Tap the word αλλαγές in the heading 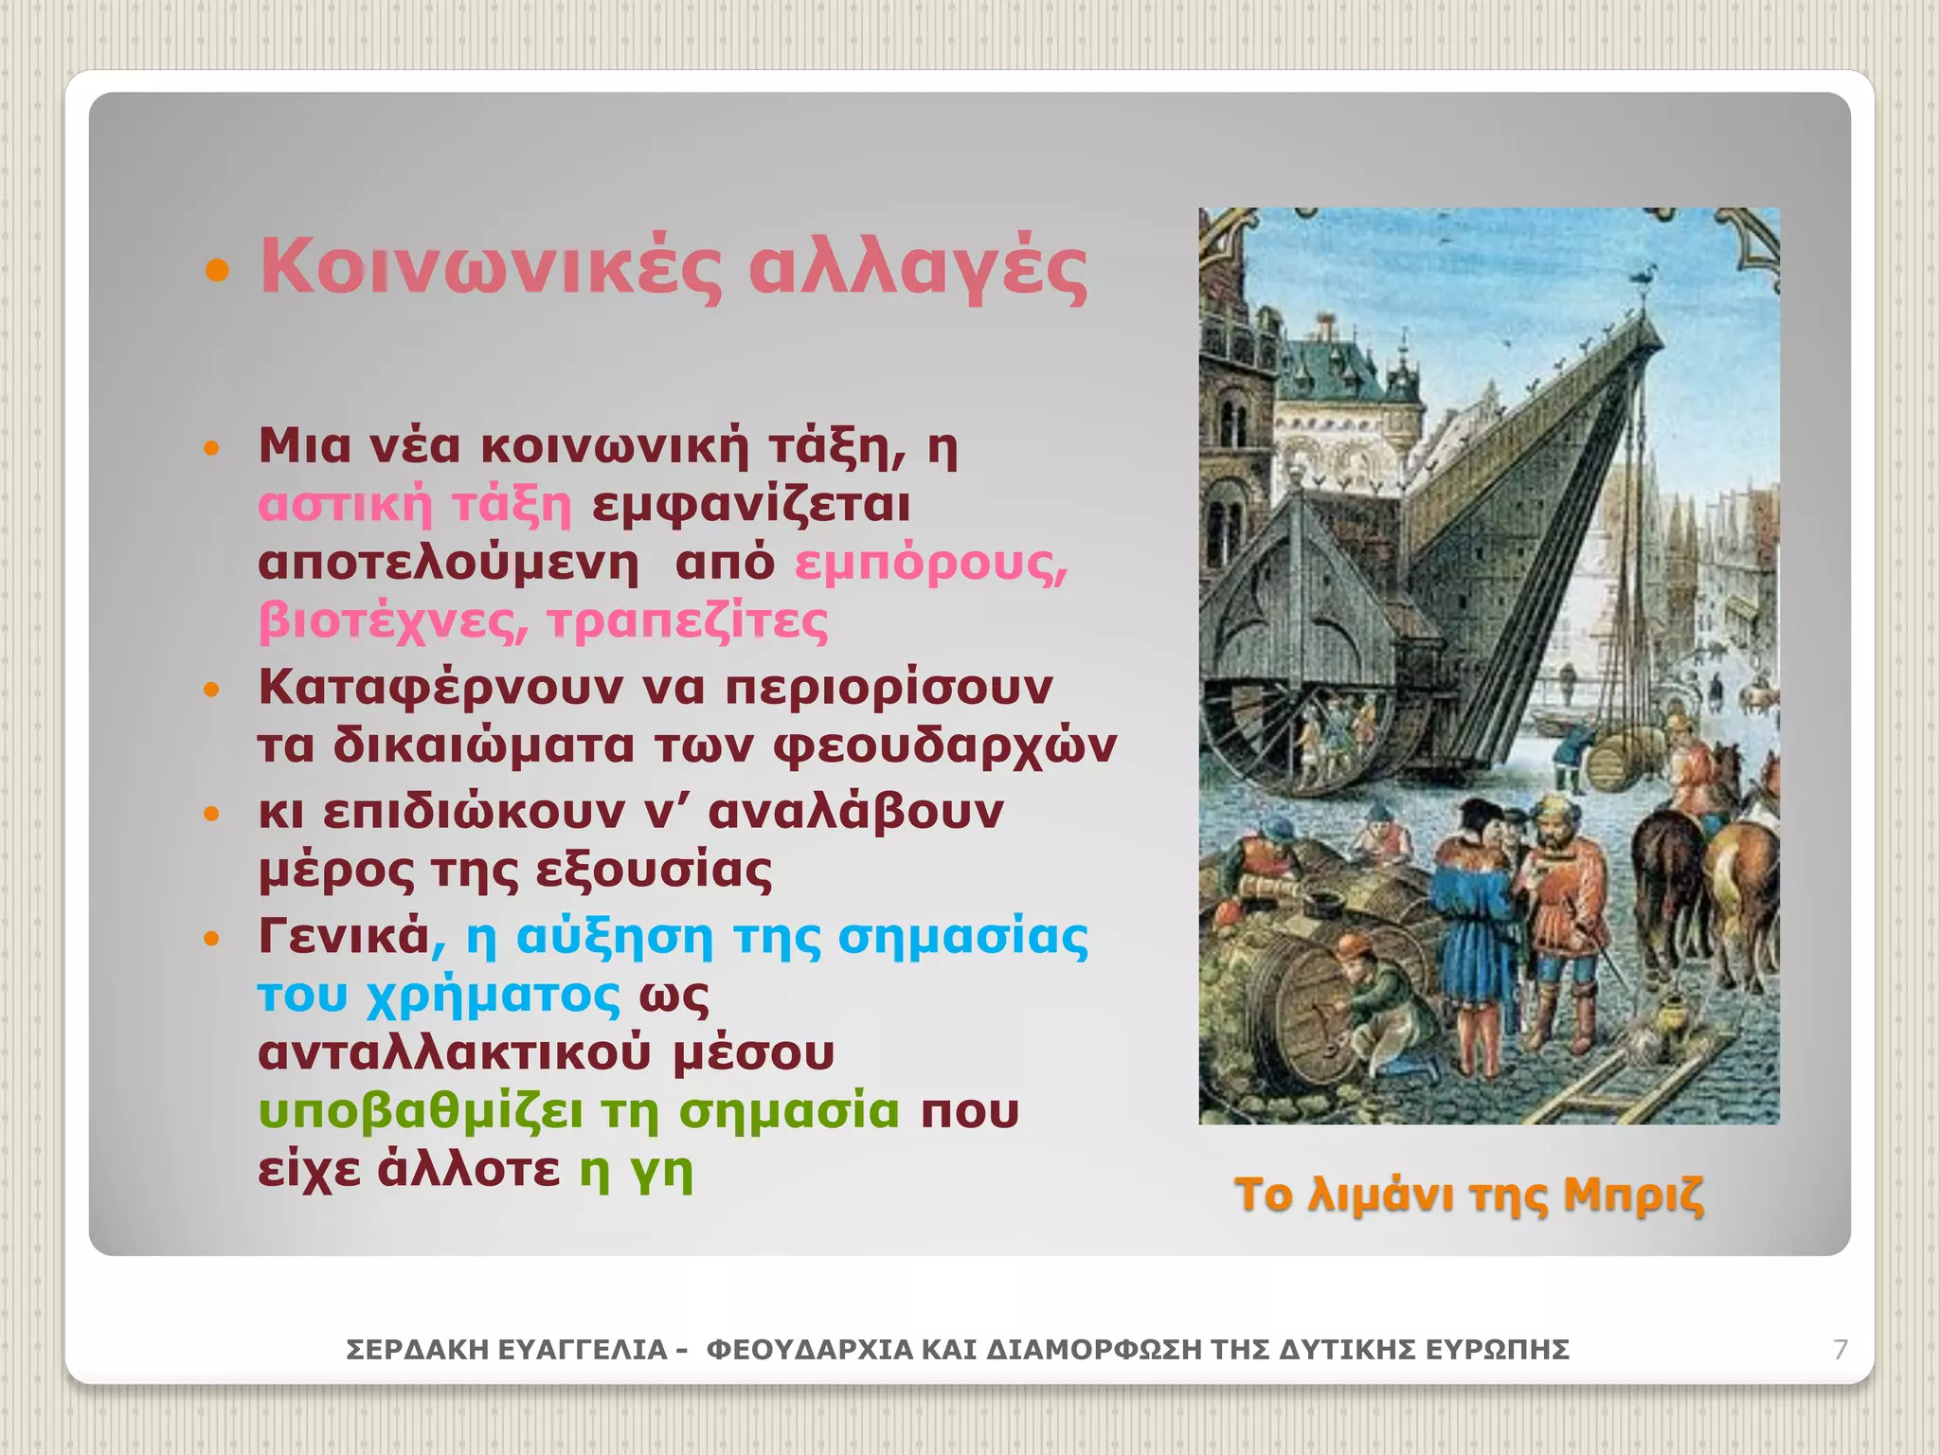(x=917, y=270)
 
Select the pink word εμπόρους (x=931, y=563)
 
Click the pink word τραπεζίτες (x=687, y=621)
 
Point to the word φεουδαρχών (x=944, y=745)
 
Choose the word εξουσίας (x=648, y=870)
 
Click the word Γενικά (x=344, y=936)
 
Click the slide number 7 (x=1841, y=1349)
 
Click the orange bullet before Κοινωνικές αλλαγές (x=217, y=273)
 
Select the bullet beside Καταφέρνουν (x=212, y=689)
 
